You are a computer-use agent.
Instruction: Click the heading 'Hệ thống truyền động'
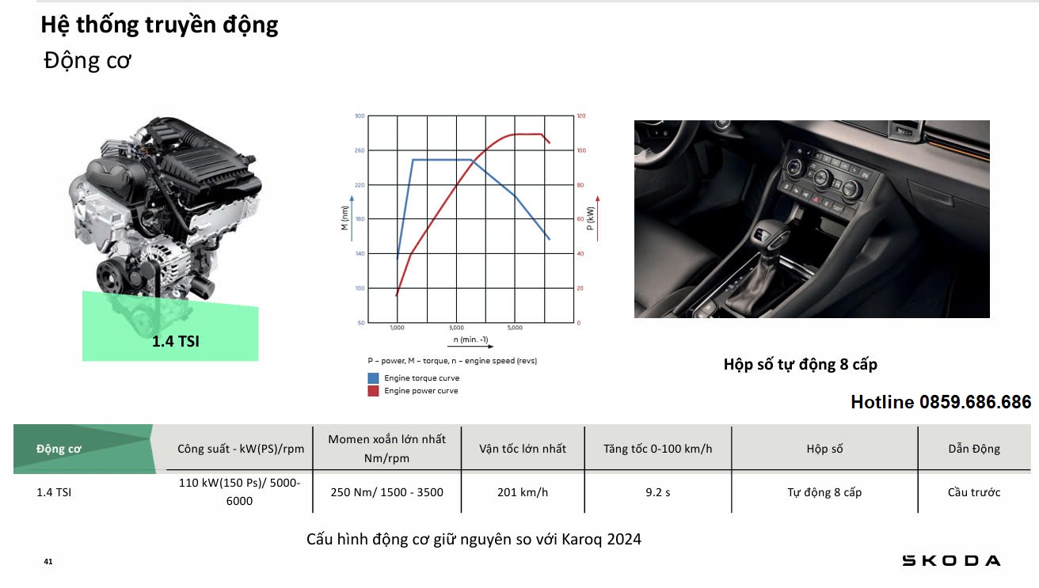(159, 25)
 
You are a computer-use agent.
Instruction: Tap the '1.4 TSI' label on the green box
(176, 342)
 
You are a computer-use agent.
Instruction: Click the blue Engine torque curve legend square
(373, 378)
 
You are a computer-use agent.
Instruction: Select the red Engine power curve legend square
(373, 391)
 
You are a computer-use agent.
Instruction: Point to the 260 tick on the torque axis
(360, 150)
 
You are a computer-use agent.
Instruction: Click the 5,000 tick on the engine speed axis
(515, 328)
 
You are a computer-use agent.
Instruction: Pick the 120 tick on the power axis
(581, 116)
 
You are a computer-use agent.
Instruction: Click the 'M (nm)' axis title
(344, 218)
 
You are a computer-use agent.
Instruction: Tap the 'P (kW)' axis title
(590, 218)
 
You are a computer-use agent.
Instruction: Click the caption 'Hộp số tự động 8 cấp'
(800, 365)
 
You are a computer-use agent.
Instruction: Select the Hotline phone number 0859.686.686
(976, 402)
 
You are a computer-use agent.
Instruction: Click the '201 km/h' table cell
(523, 492)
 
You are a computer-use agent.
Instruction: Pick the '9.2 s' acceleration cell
(658, 492)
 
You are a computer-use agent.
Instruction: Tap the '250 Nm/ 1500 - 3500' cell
(386, 492)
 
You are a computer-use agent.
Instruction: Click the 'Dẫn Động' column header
(974, 448)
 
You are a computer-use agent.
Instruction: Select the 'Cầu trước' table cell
(974, 491)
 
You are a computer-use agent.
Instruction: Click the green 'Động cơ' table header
(59, 449)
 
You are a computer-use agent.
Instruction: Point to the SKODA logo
(951, 560)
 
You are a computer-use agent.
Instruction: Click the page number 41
(48, 562)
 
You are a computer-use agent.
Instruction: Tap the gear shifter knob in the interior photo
(771, 234)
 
